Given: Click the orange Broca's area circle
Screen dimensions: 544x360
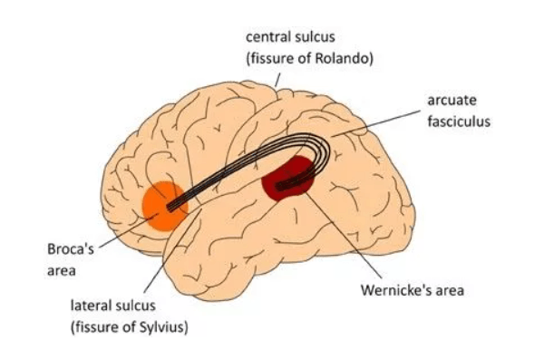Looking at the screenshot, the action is (165, 206).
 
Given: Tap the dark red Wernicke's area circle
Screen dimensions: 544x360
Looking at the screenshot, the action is (287, 178).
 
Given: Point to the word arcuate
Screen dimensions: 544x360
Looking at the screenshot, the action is (452, 101).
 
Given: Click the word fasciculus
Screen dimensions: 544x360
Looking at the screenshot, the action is (459, 122).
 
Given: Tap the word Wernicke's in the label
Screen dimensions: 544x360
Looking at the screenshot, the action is (394, 290).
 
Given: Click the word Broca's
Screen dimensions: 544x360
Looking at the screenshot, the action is (71, 248).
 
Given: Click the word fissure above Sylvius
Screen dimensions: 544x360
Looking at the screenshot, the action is (94, 327).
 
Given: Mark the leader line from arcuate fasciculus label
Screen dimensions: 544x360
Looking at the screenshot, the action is (375, 123).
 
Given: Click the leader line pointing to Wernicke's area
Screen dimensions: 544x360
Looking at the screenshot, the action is (344, 236).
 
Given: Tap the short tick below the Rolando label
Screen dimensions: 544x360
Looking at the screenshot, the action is (277, 80).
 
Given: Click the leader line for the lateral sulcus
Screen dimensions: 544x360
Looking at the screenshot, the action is (173, 250).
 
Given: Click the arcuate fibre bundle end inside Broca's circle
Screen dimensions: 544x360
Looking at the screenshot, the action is (170, 207).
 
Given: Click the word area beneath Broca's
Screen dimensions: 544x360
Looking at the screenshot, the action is (62, 271).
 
